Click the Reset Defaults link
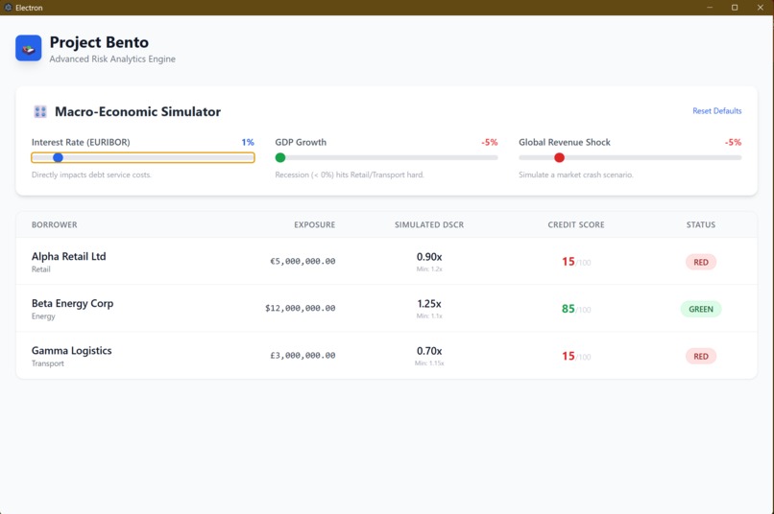point(716,111)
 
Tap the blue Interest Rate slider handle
point(58,157)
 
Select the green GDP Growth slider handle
point(280,157)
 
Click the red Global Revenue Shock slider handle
point(559,157)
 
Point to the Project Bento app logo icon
point(29,48)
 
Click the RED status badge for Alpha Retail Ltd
point(701,262)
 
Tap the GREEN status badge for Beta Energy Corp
point(701,309)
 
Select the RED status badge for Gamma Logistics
point(701,356)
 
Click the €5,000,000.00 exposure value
point(302,261)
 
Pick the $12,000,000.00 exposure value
point(300,308)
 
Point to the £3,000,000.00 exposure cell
point(302,355)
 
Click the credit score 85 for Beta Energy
point(568,309)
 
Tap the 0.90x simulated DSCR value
point(429,257)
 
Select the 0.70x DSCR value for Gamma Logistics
point(429,351)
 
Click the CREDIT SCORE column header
point(576,224)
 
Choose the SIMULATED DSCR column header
point(429,224)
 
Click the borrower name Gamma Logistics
point(71,351)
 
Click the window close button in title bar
point(761,8)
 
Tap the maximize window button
point(735,8)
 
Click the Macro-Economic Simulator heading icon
point(40,112)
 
